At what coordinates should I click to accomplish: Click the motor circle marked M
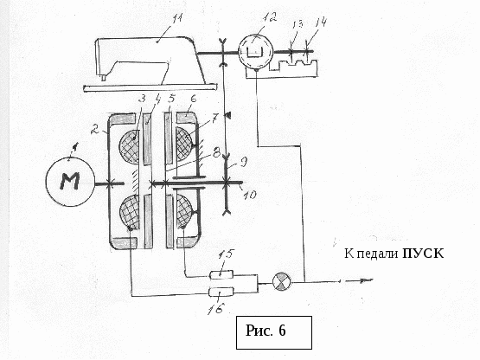(70, 182)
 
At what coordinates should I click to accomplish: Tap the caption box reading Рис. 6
(274, 332)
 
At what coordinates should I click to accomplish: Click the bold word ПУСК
(423, 254)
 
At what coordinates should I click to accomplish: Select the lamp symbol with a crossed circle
(281, 281)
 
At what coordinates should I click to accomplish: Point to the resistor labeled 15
(221, 274)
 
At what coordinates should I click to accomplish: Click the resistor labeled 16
(221, 292)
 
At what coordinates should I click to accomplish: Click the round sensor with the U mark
(255, 52)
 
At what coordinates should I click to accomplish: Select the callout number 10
(250, 195)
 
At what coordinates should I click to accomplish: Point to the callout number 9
(243, 162)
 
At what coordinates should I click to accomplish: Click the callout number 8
(217, 152)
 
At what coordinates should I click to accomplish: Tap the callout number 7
(214, 118)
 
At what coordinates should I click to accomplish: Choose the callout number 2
(95, 130)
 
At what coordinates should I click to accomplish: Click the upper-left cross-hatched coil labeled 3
(129, 147)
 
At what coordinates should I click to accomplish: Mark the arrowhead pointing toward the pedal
(367, 280)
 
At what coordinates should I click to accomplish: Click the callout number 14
(321, 22)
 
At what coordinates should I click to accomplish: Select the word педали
(377, 254)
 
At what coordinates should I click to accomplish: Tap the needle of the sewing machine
(103, 79)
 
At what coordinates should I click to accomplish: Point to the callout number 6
(193, 100)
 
